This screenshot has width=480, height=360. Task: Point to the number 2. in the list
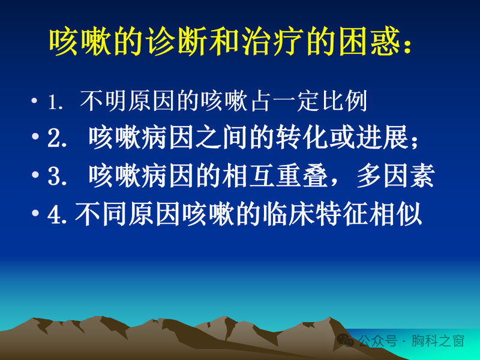click(x=58, y=139)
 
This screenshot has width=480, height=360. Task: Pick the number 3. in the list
click(x=58, y=177)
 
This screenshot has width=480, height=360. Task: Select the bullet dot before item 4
click(x=35, y=214)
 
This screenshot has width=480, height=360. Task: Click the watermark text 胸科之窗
click(x=442, y=341)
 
